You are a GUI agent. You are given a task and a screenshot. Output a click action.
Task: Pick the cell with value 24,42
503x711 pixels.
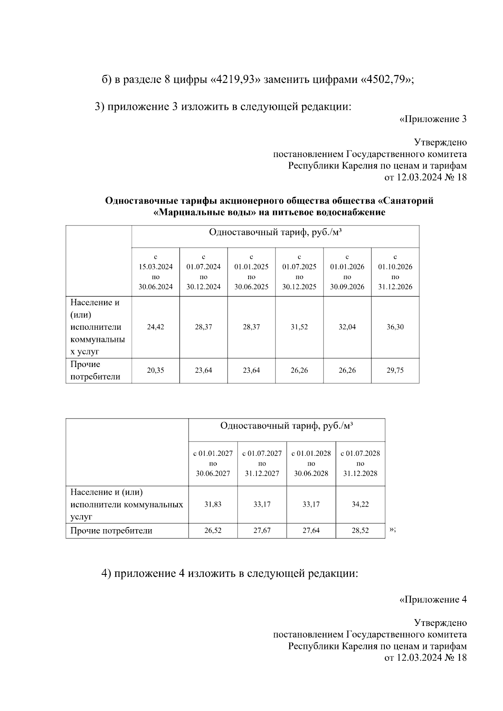[156, 327]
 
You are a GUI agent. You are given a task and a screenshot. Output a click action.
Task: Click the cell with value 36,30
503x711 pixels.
[395, 327]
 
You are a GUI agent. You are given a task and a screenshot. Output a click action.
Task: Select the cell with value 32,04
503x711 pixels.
[347, 327]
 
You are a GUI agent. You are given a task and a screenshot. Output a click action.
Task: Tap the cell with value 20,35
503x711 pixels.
[156, 371]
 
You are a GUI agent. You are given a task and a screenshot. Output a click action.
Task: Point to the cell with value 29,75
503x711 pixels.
[395, 371]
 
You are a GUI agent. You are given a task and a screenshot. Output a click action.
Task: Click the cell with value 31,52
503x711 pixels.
[299, 327]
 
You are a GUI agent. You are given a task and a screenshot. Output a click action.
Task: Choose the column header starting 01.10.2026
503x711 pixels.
[395, 272]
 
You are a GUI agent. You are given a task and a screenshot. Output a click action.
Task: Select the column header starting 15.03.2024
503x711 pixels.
[156, 272]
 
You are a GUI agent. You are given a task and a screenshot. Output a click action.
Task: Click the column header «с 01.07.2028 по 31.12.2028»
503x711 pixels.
[360, 463]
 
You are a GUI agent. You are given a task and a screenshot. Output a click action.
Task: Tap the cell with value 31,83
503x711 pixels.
[213, 504]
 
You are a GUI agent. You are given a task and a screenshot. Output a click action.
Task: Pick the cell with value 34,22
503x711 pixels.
[360, 504]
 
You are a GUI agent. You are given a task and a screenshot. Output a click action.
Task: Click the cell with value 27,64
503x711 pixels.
[311, 531]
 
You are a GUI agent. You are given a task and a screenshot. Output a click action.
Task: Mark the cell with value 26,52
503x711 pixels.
[213, 531]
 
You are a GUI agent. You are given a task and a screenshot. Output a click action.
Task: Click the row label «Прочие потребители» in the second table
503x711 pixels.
[111, 531]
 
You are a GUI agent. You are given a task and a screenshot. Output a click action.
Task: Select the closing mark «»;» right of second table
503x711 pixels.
[392, 530]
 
